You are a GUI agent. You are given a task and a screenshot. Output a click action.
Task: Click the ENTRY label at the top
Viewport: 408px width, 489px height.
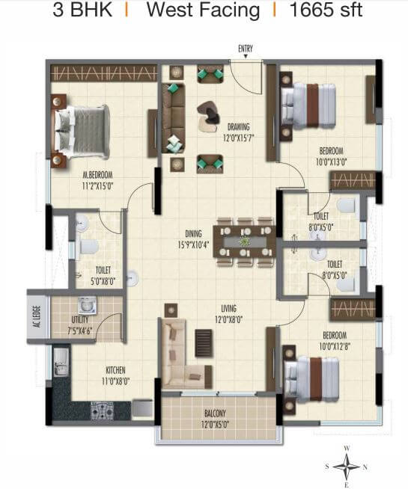coord(246,49)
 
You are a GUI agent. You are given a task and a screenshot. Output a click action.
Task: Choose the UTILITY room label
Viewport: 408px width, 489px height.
coord(81,304)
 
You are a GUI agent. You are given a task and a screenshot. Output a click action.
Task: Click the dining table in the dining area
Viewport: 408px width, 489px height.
coord(245,242)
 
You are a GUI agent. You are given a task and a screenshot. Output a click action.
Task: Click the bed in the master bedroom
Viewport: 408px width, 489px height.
coord(81,128)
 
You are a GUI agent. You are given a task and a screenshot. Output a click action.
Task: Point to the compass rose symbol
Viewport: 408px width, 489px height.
coord(347,467)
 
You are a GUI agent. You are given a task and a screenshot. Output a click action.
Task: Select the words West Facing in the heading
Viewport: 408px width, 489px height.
coord(203,12)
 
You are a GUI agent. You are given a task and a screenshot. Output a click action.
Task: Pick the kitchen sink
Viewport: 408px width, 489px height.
coord(60,364)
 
